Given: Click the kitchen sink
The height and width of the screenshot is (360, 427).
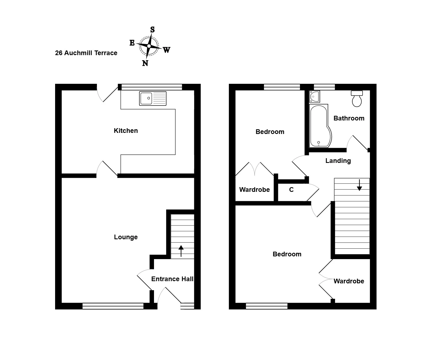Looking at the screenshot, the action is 153,98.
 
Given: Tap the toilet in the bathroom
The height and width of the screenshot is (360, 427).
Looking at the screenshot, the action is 357,99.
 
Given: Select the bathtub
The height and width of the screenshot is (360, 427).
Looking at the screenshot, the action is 320,126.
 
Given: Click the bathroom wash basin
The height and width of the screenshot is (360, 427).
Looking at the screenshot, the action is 314,96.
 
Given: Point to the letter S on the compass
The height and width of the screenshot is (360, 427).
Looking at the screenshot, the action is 152,30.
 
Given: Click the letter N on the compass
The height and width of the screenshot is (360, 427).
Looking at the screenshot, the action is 145,63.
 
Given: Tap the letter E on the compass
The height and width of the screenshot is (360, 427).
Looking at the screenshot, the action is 132,43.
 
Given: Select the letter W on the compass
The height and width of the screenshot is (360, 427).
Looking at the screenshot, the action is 166,50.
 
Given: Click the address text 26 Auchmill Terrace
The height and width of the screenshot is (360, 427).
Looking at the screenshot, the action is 86,53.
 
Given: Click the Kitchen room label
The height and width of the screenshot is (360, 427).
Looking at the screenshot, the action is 126,131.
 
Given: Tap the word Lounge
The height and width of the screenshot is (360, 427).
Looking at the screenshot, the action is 126,237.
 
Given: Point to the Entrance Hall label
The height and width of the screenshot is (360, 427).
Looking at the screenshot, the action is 172,279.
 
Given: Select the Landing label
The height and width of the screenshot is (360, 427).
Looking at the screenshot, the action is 338,161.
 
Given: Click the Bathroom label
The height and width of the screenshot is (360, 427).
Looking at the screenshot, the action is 349,118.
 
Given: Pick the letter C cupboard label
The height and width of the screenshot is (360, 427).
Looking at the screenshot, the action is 291,190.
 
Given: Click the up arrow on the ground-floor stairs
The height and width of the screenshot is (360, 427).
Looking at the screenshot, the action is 181,251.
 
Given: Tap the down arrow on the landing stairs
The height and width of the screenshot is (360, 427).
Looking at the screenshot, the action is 359,185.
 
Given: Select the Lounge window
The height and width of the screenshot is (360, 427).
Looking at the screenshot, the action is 113,306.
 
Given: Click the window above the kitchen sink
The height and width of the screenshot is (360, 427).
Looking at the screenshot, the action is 152,87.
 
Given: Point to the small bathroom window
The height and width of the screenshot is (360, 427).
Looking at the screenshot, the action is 324,87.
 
